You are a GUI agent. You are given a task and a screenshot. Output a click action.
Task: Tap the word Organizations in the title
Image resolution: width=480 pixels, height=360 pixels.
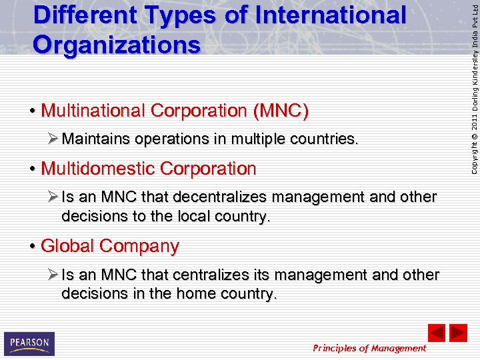[117, 45]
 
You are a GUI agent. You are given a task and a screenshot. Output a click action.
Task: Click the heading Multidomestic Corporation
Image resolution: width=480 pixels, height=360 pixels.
[148, 169]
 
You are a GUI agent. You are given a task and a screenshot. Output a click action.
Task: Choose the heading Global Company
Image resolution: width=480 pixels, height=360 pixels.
[110, 246]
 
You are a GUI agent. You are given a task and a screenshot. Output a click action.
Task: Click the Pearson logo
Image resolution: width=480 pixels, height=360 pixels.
[29, 343]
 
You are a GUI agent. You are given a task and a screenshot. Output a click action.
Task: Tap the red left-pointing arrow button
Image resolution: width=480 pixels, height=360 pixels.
[436, 332]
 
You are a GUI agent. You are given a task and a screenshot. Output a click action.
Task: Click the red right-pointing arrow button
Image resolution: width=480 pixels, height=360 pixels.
[458, 332]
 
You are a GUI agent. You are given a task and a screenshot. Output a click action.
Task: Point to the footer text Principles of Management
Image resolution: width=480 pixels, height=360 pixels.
[369, 348]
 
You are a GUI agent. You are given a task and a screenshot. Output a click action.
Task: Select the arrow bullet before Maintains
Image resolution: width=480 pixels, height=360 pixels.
[53, 139]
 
